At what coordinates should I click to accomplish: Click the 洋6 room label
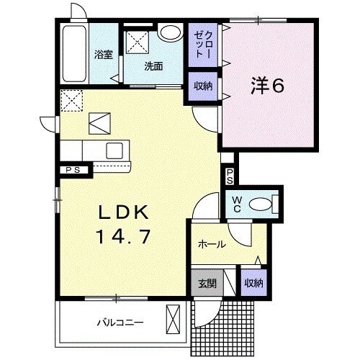point(269,86)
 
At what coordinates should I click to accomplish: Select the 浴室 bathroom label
point(103,54)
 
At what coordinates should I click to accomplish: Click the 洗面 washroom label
point(153,66)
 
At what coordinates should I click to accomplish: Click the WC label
point(235,204)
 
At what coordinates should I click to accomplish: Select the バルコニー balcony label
point(120,321)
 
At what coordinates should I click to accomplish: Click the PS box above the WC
point(228,176)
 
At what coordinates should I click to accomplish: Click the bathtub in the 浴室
point(74,55)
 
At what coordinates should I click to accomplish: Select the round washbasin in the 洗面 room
point(170,32)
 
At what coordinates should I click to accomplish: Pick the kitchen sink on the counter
point(115,150)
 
